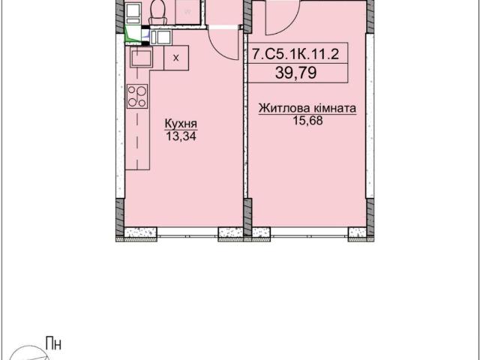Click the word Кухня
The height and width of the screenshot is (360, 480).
click(181, 124)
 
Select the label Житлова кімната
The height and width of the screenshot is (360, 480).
click(307, 109)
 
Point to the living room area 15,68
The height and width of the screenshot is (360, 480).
click(308, 121)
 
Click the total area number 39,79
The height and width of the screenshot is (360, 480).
click(296, 73)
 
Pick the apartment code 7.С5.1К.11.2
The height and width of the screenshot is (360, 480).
click(296, 55)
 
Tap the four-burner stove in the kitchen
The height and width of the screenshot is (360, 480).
click(137, 96)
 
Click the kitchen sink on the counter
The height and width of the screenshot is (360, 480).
click(142, 58)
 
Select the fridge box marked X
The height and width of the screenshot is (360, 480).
click(176, 58)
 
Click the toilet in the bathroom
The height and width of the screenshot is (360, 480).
click(158, 12)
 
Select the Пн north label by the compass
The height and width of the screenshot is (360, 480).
click(53, 343)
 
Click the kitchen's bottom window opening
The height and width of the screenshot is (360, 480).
click(187, 232)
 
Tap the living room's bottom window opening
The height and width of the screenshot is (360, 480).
click(309, 232)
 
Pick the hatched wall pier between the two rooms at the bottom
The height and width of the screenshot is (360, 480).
click(247, 217)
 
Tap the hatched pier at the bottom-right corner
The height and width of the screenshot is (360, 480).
click(370, 217)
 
